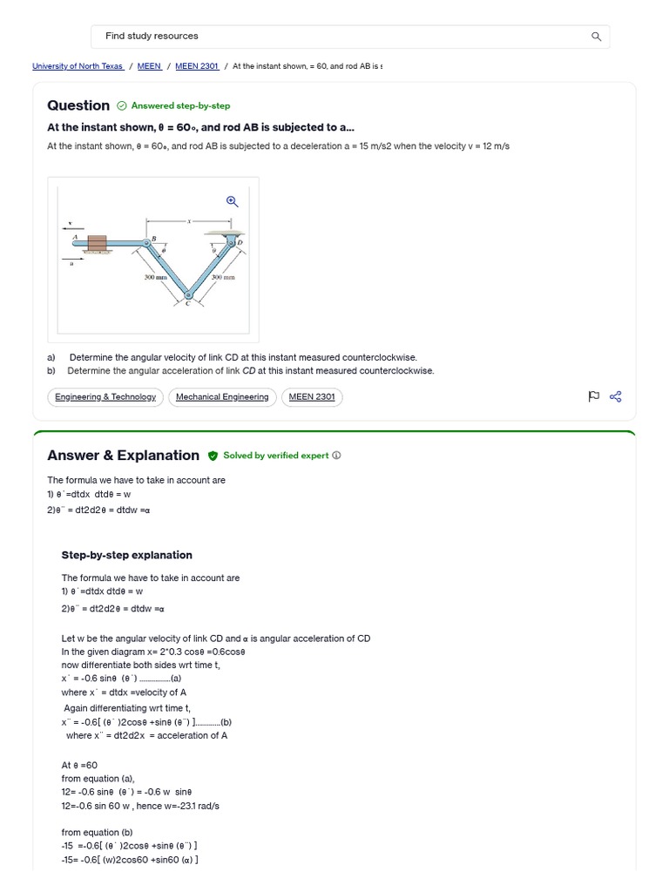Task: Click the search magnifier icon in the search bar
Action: (596, 37)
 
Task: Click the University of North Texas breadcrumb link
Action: (78, 66)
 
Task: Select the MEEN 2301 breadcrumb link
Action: (197, 66)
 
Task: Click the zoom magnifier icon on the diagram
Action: (232, 201)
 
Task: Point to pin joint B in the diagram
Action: (146, 242)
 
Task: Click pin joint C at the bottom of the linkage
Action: (189, 296)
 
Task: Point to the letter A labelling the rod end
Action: (76, 236)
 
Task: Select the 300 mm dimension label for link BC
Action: (155, 277)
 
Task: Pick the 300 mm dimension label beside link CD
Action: (224, 277)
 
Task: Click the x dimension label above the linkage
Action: (190, 221)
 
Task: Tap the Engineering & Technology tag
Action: (105, 397)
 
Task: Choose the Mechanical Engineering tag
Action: (222, 397)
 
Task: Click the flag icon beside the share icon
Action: (594, 397)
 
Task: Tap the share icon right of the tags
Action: (616, 397)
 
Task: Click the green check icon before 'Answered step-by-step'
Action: (121, 106)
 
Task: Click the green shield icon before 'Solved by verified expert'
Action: (213, 456)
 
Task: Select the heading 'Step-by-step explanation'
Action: (126, 555)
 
